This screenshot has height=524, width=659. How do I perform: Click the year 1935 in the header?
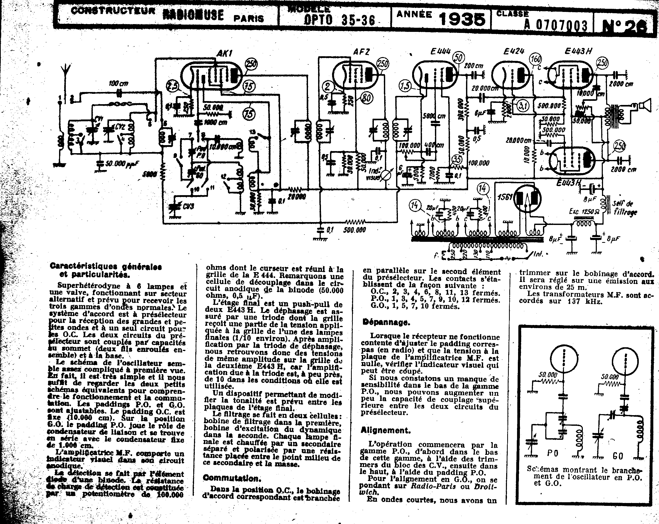tap(462, 19)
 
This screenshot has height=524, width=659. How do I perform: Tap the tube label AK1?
tap(224, 53)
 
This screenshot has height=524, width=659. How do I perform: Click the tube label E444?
tap(440, 51)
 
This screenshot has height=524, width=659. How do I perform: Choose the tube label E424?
tap(514, 51)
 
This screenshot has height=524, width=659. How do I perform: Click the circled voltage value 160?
tap(536, 59)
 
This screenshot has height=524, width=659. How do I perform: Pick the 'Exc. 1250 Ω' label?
tap(583, 211)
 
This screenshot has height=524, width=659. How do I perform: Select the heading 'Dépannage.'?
tap(386, 322)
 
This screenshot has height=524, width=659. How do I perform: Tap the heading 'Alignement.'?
tap(385, 430)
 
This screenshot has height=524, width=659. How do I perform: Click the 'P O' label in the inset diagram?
tap(553, 453)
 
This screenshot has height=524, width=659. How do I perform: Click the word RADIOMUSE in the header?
tap(193, 15)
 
